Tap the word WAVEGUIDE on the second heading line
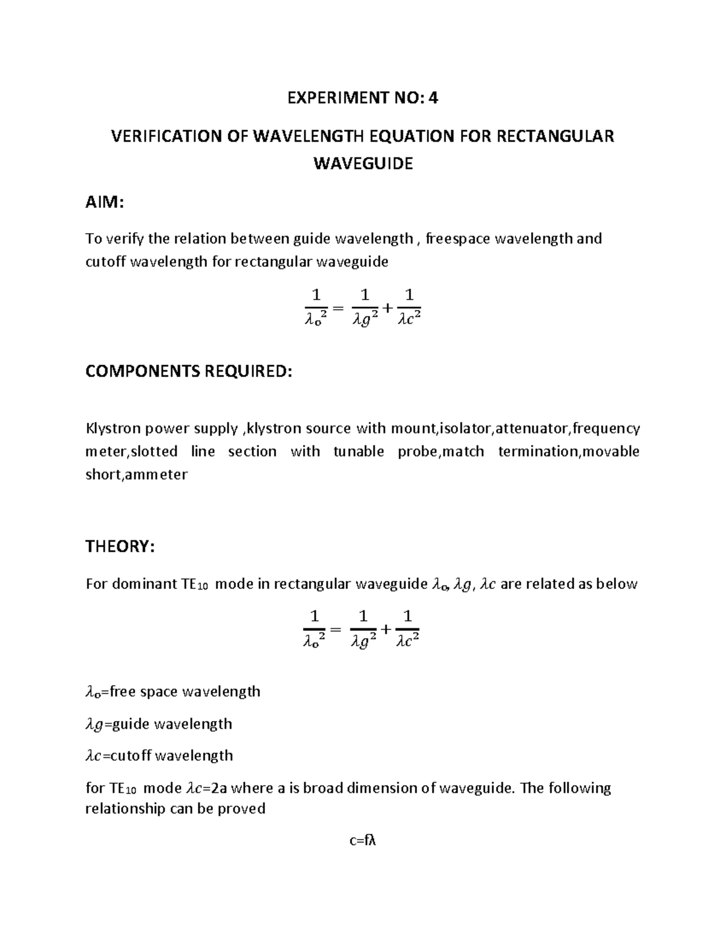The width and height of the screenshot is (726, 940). pos(362,163)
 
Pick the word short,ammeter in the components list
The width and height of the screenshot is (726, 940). pos(136,475)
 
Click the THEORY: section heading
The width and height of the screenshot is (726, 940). pos(120,547)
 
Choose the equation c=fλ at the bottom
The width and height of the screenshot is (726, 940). pos(362,841)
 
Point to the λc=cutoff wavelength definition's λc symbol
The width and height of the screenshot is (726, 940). pos(94,756)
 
